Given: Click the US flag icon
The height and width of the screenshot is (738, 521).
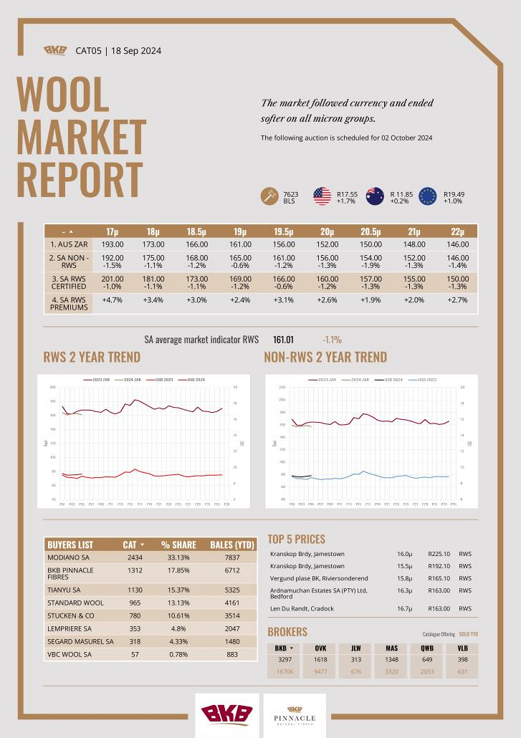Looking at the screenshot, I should click(322, 196).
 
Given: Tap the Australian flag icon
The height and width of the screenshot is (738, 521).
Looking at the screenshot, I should click(375, 196).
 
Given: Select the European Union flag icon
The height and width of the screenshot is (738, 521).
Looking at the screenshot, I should click(428, 196).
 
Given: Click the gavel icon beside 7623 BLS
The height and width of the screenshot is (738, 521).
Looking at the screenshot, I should click(271, 196).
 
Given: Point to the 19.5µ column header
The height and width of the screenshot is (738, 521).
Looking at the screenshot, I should click(283, 231).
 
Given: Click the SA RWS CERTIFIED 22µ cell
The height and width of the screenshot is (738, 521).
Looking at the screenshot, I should click(458, 282).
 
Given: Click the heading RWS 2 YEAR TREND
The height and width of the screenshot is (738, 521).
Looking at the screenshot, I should click(92, 357).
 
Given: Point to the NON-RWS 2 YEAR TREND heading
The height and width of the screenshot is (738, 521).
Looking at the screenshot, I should click(325, 357).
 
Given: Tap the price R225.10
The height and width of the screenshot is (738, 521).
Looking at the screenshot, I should click(439, 554).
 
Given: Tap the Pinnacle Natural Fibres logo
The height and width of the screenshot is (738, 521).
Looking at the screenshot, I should click(295, 714).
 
